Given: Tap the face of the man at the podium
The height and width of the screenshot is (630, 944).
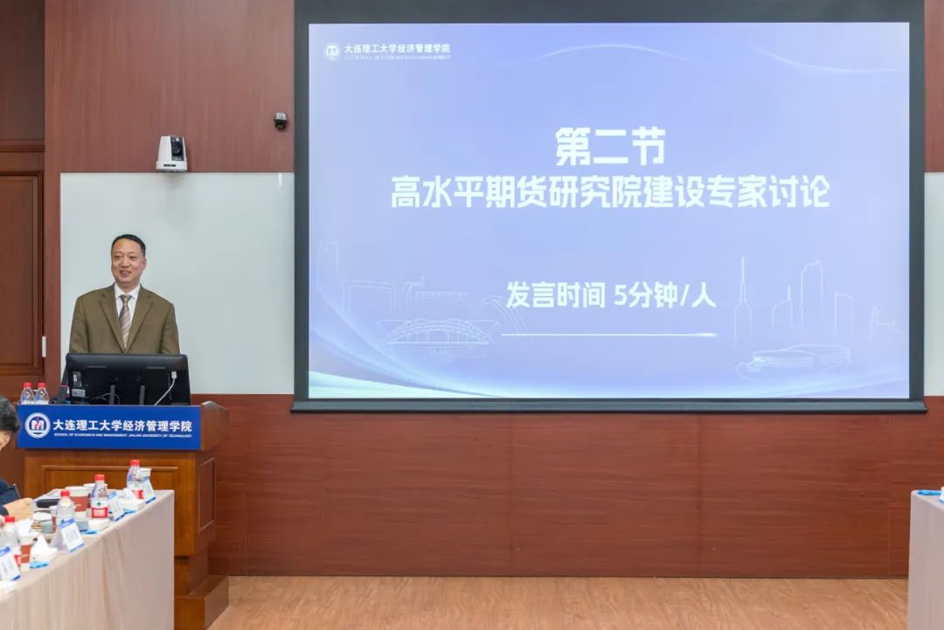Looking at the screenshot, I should (x=128, y=259).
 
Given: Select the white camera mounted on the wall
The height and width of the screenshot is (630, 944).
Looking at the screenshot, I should (x=171, y=153).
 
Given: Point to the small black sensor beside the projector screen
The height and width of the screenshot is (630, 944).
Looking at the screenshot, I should (x=281, y=121).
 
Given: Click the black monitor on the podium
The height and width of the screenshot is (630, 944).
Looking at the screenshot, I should (x=128, y=378).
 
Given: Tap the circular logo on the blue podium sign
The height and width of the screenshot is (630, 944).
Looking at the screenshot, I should (x=37, y=426).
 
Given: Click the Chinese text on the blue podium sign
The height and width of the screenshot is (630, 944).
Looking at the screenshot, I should (x=121, y=425).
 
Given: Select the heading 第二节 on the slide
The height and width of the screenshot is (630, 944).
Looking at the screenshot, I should (x=610, y=147).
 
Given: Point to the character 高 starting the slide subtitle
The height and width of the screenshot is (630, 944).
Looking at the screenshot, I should (x=407, y=192).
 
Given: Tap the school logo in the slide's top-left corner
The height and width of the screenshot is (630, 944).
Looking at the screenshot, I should (x=332, y=52).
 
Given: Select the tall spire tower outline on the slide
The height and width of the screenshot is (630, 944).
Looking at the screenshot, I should (x=742, y=306).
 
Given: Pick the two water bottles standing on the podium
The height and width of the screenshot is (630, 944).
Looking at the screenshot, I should (x=34, y=393).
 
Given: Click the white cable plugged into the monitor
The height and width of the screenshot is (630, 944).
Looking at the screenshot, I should (x=166, y=388).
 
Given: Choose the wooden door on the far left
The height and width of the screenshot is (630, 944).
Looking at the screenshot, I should (x=20, y=271).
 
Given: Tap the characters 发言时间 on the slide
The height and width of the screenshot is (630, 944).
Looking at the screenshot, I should (x=556, y=295).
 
